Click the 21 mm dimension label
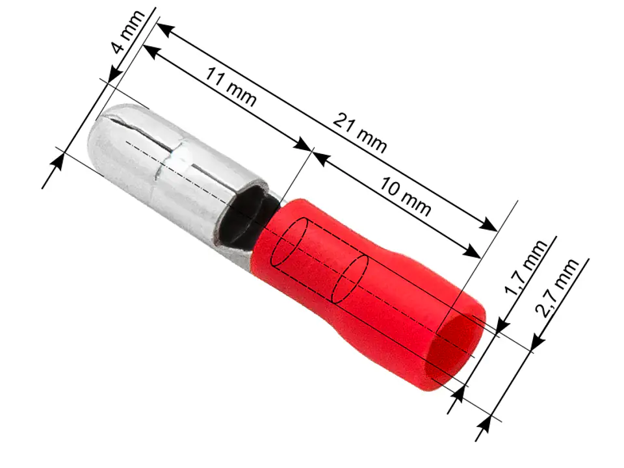pyautogui.click(x=359, y=133)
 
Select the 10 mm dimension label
pyautogui.click(x=405, y=196)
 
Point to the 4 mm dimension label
pyautogui.click(x=127, y=32)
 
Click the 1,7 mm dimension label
pyautogui.click(x=525, y=267)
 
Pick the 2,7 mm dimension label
pyautogui.click(x=557, y=287)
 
